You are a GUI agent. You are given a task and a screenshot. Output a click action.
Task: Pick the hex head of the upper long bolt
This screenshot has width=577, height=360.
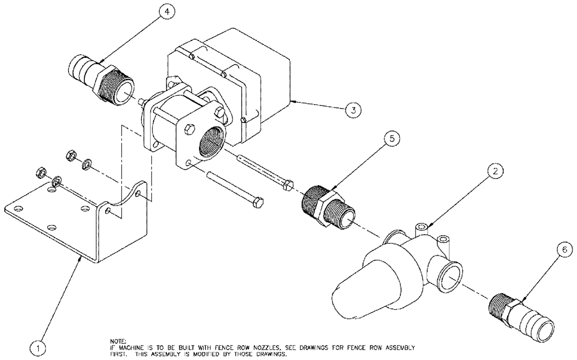point(289,185)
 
